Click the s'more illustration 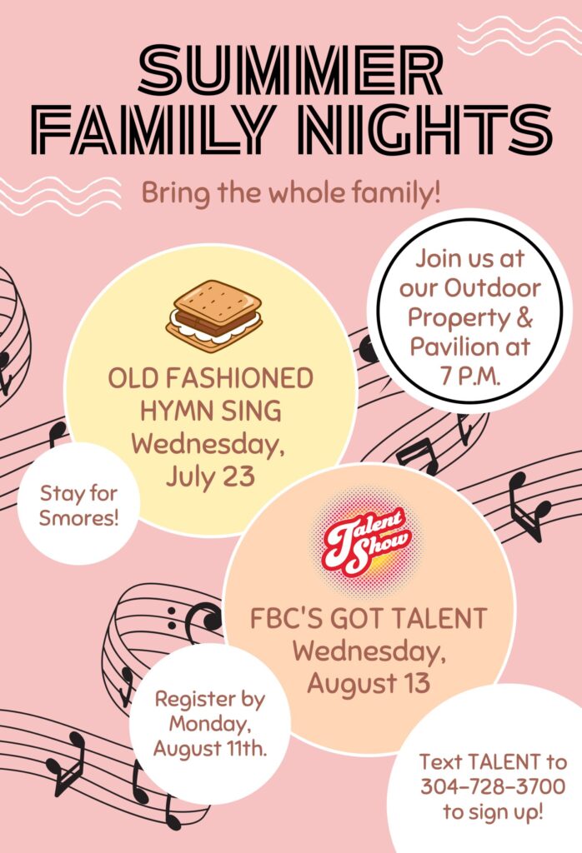click(214, 316)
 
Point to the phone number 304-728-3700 click(493, 786)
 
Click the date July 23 click(211, 476)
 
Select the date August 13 click(369, 683)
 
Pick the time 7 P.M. click(470, 376)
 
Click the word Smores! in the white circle click(78, 517)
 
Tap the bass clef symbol click(196, 620)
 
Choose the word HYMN click(172, 412)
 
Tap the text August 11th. click(210, 749)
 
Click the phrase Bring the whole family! click(291, 192)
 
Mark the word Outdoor click(493, 287)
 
